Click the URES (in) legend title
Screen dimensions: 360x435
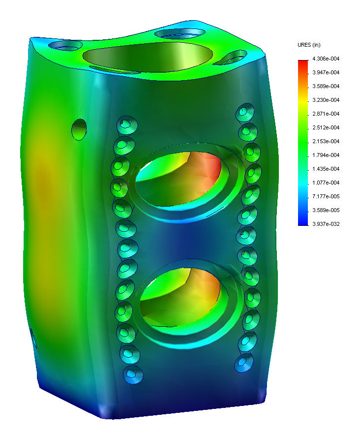point(309,45)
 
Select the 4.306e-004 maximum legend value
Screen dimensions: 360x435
point(326,59)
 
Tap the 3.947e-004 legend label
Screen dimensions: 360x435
point(326,72)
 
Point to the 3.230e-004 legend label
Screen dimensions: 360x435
point(326,100)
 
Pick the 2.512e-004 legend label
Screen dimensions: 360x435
point(326,127)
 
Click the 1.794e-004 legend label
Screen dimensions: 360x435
point(326,155)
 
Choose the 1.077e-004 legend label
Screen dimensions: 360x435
point(326,183)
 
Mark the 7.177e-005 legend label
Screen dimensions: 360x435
point(326,196)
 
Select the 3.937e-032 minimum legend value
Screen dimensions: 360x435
point(326,224)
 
